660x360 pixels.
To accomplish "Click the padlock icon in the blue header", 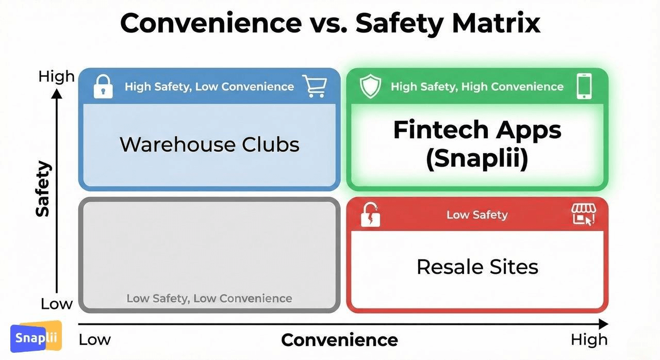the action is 103,87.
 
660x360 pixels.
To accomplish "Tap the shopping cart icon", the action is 315,86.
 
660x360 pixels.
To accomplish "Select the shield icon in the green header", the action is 370,86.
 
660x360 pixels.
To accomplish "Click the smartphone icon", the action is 584,86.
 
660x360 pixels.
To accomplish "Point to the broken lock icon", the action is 370,215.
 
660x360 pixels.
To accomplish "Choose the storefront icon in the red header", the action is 584,214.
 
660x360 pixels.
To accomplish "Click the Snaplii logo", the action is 36,336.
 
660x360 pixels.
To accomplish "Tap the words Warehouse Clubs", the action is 209,144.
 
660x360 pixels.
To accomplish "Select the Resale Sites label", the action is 477,267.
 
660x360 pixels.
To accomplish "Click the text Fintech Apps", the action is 477,130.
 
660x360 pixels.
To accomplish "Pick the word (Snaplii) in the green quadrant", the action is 477,158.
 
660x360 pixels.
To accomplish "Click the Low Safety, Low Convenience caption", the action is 209,299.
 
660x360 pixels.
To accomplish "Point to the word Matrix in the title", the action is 496,23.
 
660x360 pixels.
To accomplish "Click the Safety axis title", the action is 43,189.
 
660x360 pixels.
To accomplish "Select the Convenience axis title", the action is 339,340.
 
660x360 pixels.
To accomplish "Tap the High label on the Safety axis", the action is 56,77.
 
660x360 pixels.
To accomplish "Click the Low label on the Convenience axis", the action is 94,340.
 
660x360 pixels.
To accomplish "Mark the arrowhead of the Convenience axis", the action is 604,324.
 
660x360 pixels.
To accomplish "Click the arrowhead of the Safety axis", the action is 57,94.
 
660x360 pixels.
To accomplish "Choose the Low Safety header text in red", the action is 477,215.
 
